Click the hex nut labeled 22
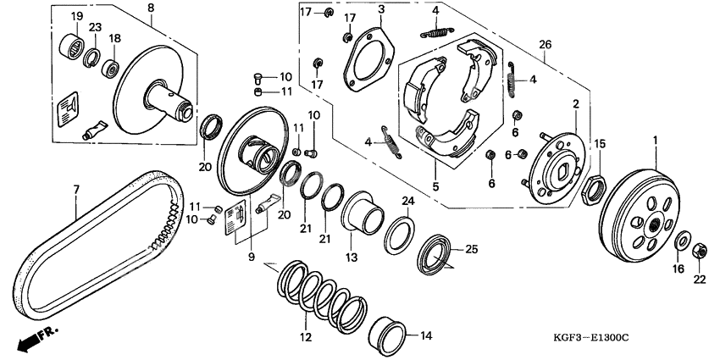(699, 251)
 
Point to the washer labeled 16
(680, 241)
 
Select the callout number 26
(546, 44)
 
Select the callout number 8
(151, 8)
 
